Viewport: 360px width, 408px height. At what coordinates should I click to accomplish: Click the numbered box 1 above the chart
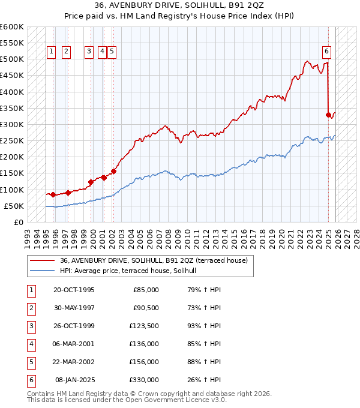point(52,52)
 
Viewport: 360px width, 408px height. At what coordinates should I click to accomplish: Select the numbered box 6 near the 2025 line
point(327,52)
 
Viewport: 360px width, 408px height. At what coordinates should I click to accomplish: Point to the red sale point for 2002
point(113,171)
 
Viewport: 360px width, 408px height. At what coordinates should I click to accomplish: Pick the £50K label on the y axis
point(14,206)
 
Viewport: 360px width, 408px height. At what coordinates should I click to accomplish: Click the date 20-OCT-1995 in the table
point(74,290)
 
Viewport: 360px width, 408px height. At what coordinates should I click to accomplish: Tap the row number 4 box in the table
point(31,344)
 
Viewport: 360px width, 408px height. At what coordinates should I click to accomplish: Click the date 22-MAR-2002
point(74,362)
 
